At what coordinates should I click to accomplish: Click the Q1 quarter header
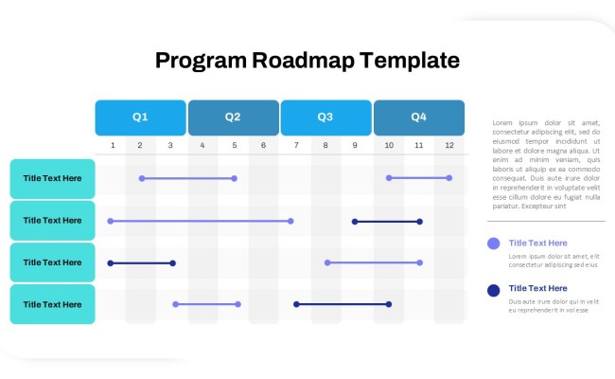140,117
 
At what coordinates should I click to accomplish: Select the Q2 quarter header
233,117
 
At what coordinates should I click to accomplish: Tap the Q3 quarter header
325,117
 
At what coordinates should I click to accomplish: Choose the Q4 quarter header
418,117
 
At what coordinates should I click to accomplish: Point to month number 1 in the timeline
113,145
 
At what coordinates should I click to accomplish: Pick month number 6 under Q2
263,145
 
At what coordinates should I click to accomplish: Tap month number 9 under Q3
356,145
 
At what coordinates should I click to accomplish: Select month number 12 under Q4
449,145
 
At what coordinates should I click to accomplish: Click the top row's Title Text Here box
53,178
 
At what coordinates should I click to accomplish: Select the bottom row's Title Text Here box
53,304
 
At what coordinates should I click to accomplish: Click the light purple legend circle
493,244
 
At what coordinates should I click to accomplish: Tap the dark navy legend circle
493,290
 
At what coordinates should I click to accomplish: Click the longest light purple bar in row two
201,221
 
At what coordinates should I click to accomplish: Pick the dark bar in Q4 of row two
387,221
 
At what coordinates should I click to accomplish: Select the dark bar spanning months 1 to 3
142,262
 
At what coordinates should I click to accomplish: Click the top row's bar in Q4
418,177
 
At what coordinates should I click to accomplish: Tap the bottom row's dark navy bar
342,304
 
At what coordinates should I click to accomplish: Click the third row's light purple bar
373,262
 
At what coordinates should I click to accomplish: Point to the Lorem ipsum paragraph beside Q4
546,164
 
